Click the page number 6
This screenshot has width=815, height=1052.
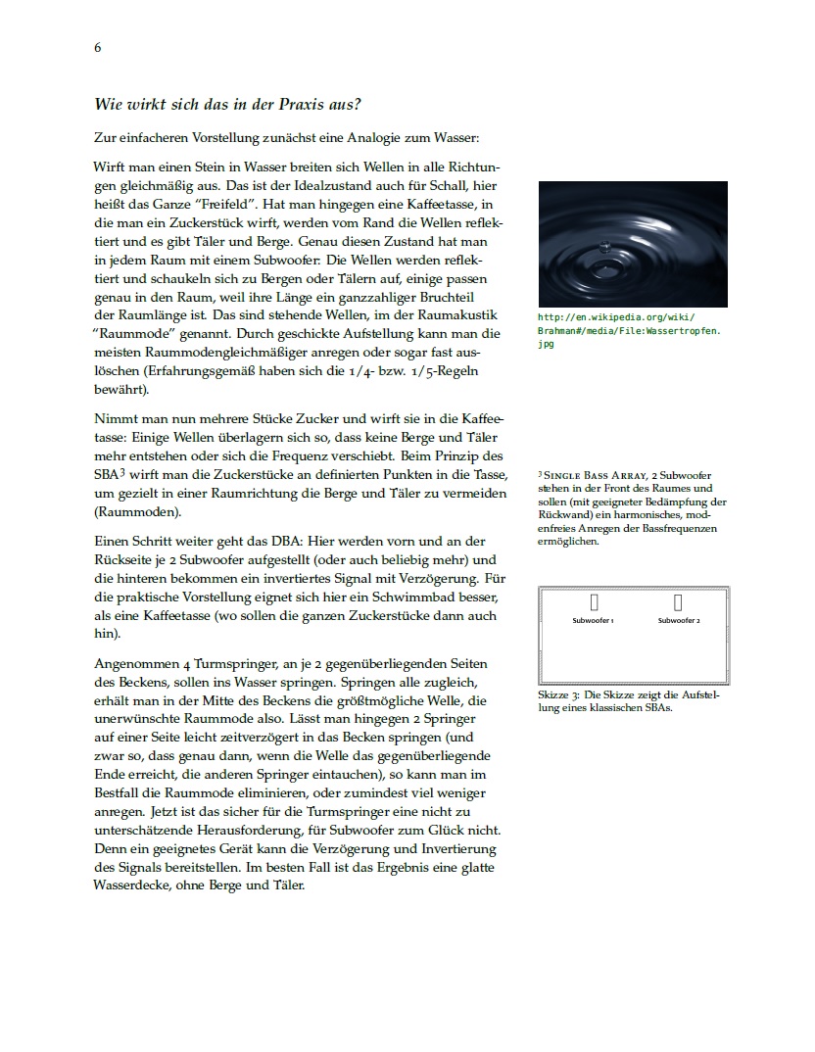tap(98, 47)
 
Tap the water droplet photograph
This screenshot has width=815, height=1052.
tap(633, 244)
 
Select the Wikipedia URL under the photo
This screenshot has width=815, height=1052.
tap(630, 330)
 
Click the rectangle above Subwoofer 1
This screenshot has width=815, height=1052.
tap(594, 601)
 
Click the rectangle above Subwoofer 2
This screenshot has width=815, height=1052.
tap(678, 601)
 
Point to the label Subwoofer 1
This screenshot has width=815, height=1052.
tap(594, 621)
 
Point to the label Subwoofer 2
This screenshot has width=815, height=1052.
tap(679, 621)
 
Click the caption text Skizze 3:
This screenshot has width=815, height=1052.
tap(559, 694)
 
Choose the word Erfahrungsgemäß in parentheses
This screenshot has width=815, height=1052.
tap(200, 371)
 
